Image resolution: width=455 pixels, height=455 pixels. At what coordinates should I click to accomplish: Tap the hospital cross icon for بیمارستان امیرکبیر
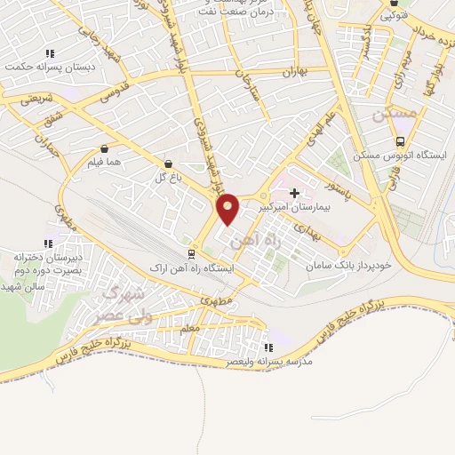point(294,192)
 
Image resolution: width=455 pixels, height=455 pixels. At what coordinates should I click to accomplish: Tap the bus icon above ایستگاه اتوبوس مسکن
point(401,140)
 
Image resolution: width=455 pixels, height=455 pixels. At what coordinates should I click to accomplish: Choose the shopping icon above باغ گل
point(168,163)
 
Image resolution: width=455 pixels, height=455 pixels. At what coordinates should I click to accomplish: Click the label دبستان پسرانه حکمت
point(48,65)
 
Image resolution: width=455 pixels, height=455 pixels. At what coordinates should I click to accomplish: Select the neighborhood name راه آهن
point(247,239)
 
